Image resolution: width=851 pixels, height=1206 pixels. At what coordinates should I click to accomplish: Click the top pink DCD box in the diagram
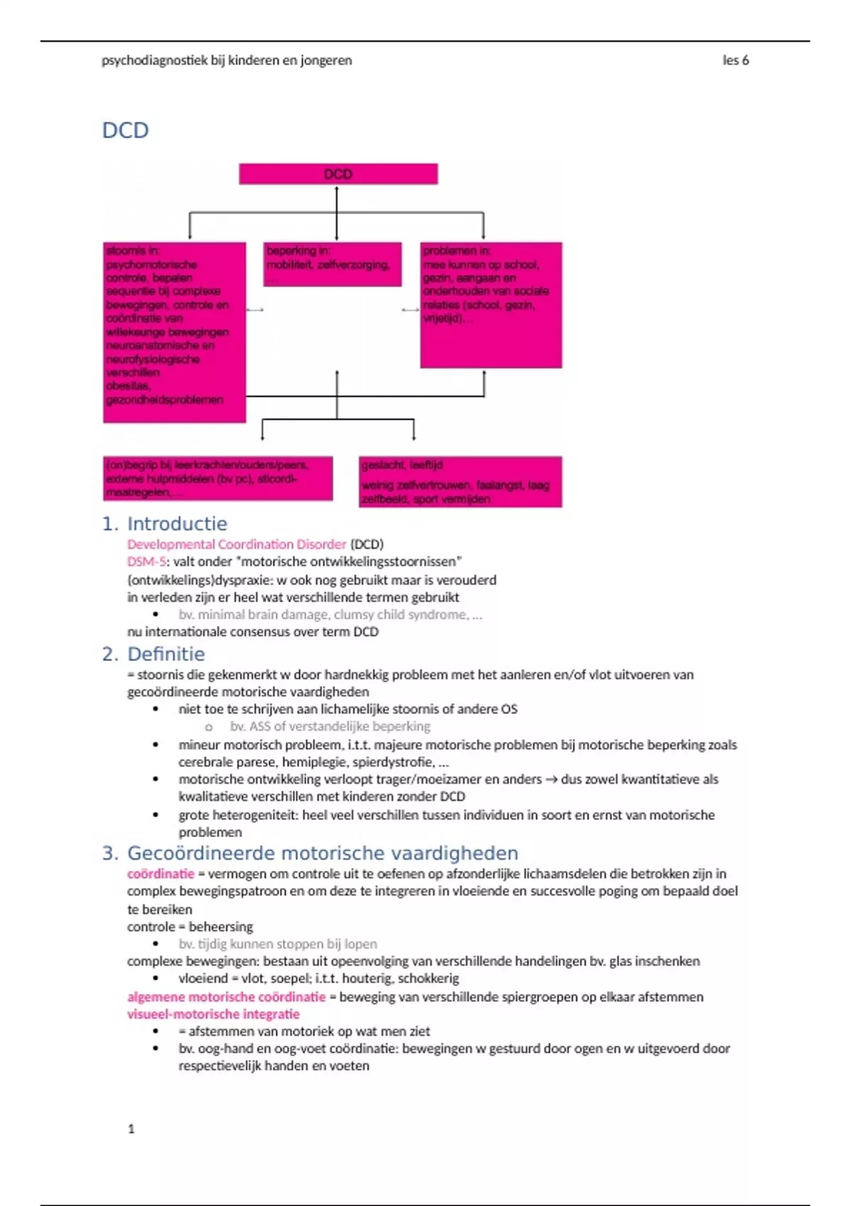pyautogui.click(x=338, y=174)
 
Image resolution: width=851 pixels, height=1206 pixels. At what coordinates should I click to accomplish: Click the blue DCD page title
pyautogui.click(x=126, y=131)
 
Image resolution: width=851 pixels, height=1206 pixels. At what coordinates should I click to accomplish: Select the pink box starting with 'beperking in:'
pyautogui.click(x=332, y=264)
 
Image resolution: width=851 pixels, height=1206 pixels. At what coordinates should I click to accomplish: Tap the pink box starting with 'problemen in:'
pyautogui.click(x=491, y=305)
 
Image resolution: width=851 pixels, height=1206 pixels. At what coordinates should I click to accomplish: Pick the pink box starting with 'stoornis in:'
pyautogui.click(x=174, y=332)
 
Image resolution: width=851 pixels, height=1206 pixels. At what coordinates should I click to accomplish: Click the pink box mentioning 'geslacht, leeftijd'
pyautogui.click(x=460, y=482)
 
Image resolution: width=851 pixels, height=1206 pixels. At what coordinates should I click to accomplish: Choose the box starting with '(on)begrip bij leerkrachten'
pyautogui.click(x=218, y=478)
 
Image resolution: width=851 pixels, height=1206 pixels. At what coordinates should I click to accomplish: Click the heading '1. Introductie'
pyautogui.click(x=165, y=524)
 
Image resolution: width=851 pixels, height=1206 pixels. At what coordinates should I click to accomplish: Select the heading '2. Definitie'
pyautogui.click(x=153, y=653)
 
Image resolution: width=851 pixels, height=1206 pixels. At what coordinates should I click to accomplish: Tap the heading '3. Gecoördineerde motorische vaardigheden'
pyautogui.click(x=310, y=853)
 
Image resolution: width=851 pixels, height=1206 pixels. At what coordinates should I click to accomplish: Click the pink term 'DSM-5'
pyautogui.click(x=146, y=561)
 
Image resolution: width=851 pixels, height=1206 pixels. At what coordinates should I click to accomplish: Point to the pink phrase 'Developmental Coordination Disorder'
pyautogui.click(x=236, y=544)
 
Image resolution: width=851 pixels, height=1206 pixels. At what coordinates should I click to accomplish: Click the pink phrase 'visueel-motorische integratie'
pyautogui.click(x=213, y=1014)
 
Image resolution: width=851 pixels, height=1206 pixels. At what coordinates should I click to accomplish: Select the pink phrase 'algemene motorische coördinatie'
pyautogui.click(x=226, y=997)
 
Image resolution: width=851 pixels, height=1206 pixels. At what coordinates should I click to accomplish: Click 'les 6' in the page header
pyautogui.click(x=735, y=60)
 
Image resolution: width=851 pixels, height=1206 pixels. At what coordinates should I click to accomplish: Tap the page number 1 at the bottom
pyautogui.click(x=131, y=1128)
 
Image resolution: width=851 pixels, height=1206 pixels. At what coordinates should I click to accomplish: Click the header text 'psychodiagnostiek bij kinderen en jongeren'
pyautogui.click(x=226, y=60)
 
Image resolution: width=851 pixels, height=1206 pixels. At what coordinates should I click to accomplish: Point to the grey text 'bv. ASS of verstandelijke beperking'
pyautogui.click(x=330, y=726)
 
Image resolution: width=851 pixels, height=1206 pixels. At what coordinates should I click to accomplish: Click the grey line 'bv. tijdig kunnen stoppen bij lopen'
pyautogui.click(x=277, y=944)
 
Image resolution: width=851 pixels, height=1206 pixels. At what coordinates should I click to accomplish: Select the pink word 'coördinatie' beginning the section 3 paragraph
pyautogui.click(x=160, y=873)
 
